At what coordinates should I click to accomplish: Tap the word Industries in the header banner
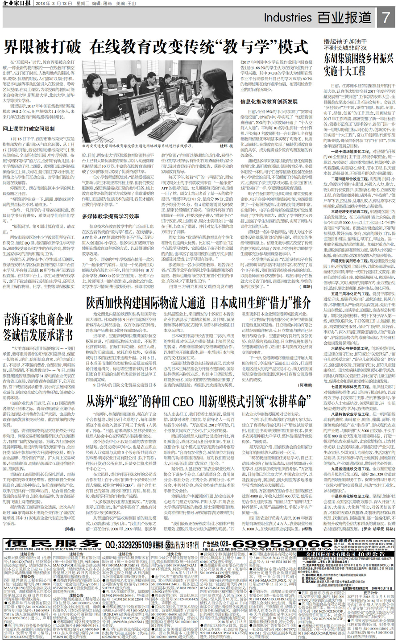pyautogui.click(x=288, y=18)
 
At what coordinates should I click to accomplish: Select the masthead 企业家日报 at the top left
pyautogui.click(x=17, y=4)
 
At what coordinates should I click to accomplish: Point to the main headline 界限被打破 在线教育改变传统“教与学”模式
pyautogui.click(x=156, y=46)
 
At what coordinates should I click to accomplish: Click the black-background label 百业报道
pyautogui.click(x=344, y=18)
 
